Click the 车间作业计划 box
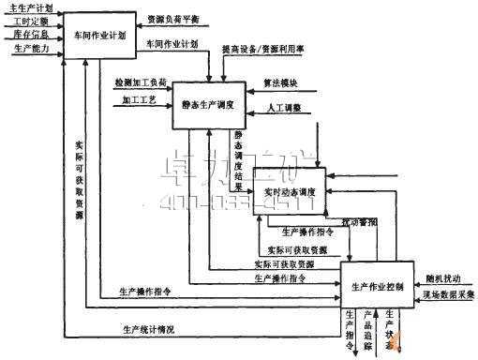(99, 34)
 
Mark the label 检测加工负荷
(141, 82)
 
